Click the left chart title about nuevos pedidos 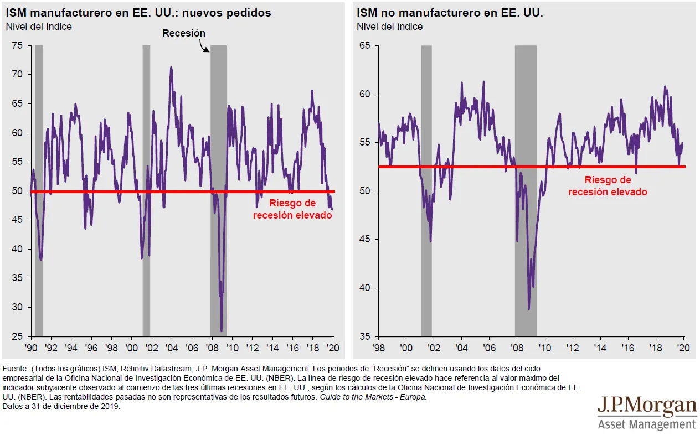138,13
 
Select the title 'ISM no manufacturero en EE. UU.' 450,13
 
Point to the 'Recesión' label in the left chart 184,33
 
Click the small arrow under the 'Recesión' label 205,48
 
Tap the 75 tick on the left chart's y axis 18,45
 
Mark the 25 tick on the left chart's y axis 18,336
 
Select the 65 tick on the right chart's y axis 364,45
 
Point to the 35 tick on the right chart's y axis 364,336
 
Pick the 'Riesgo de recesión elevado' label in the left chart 292,209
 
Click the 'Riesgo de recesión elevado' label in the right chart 608,186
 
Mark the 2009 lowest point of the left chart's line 222,331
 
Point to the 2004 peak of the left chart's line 171,68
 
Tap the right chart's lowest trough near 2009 529,309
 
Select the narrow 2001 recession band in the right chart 426,188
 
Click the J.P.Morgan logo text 646,407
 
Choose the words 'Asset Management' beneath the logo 646,424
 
